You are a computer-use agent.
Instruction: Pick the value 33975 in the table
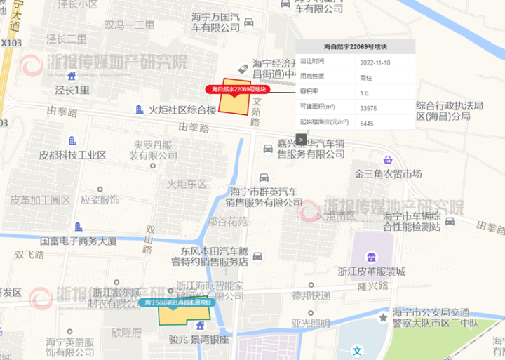(368, 107)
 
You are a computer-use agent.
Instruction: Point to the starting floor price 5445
(365, 123)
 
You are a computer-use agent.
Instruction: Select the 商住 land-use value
(365, 78)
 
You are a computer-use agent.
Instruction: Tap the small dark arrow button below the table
(300, 139)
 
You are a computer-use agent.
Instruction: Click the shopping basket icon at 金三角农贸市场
(387, 160)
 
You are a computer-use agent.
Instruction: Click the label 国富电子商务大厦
(78, 241)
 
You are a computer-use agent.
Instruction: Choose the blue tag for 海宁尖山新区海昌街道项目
(178, 302)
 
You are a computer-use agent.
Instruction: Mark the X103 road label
(12, 43)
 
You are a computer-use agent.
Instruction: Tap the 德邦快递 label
(311, 295)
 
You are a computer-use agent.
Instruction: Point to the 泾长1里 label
(73, 90)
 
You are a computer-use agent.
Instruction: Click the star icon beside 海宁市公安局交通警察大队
(383, 318)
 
